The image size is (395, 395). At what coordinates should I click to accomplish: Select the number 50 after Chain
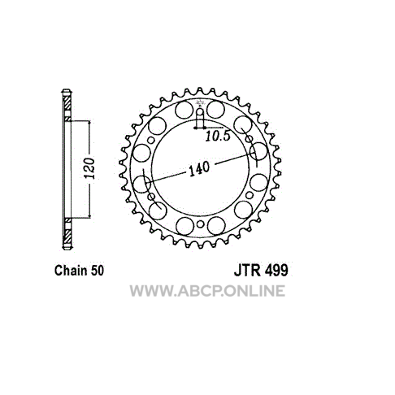[x=97, y=271]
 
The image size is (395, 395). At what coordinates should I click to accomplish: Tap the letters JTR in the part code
[x=247, y=270]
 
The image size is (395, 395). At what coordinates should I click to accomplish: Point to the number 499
[x=276, y=270]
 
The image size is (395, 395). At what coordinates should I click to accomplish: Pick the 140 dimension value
[x=199, y=169]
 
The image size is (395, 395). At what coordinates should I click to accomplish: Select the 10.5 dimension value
[x=217, y=136]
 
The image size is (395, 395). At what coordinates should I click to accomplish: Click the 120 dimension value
[x=89, y=168]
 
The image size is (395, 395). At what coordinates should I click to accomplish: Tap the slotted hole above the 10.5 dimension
[x=200, y=118]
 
